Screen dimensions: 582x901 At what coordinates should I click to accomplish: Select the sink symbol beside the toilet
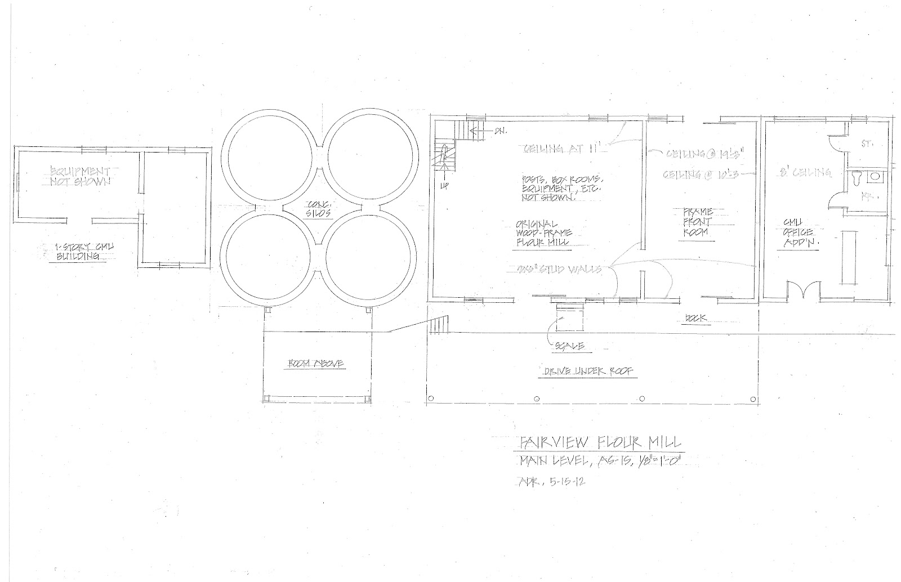coord(876,177)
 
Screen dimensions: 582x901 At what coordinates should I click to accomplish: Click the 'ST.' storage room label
coord(866,144)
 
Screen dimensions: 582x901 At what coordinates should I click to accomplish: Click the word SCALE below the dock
coord(570,347)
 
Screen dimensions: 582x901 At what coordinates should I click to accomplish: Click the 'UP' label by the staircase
coord(444,185)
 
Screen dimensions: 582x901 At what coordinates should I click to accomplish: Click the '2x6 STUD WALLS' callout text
coord(559,269)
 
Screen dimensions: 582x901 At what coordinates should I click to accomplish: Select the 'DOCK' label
coord(696,319)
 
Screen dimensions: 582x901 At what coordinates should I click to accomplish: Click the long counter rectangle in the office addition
coord(848,259)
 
